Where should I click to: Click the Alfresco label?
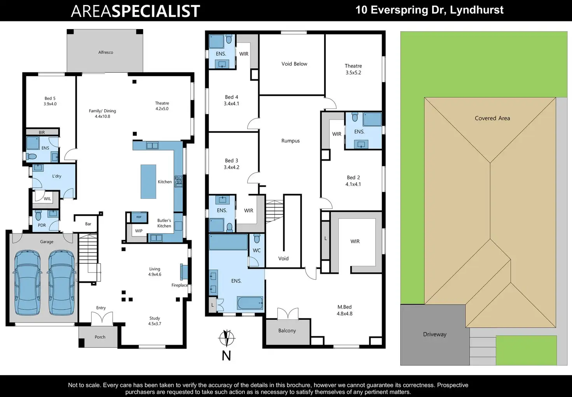106,52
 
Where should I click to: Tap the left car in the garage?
28,283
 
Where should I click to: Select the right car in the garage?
62,283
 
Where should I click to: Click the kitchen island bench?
148,182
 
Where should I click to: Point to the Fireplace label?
180,285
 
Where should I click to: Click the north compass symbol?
227,338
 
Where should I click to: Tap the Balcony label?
287,331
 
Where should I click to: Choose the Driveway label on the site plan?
434,334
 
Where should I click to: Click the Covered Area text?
492,118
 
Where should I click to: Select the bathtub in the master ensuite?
250,303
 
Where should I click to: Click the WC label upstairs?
257,250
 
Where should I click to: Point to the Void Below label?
294,64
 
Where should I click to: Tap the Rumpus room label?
291,141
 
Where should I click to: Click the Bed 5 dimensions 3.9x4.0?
50,104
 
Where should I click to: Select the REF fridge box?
139,217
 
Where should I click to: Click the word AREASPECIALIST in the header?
135,11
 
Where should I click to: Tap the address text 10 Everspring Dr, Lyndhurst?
429,10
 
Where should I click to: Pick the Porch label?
100,337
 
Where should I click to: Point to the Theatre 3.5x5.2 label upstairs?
353,69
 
